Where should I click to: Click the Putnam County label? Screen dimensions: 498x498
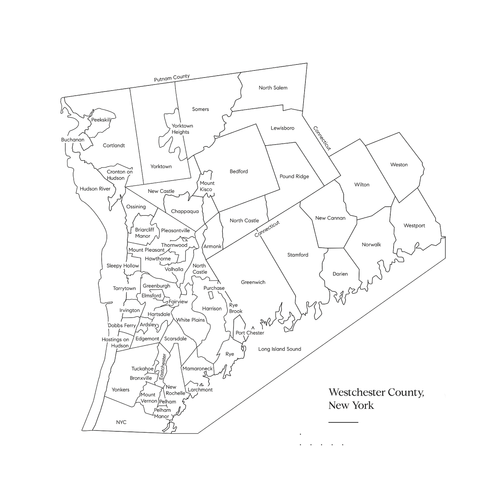172,78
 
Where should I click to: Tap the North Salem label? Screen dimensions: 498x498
273,88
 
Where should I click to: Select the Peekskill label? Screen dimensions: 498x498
101,120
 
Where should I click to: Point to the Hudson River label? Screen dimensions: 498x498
95,189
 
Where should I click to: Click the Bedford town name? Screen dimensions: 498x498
239,171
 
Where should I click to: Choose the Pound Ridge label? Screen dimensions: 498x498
294,176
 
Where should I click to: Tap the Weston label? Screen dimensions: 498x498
399,165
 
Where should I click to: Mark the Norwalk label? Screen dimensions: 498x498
371,245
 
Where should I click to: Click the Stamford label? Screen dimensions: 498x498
297,255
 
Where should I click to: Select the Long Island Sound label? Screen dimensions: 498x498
280,349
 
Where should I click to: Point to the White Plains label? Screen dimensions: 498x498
190,320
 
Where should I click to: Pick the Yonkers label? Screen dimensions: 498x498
121,390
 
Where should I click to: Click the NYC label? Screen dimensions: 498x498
121,422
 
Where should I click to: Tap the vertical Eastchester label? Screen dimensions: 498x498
162,367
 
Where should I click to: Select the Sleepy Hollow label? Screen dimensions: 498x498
123,266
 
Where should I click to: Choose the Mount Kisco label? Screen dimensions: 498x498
207,186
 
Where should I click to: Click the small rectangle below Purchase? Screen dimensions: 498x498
210,295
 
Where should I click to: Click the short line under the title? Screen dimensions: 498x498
343,422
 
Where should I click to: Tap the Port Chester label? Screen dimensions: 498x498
250,333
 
